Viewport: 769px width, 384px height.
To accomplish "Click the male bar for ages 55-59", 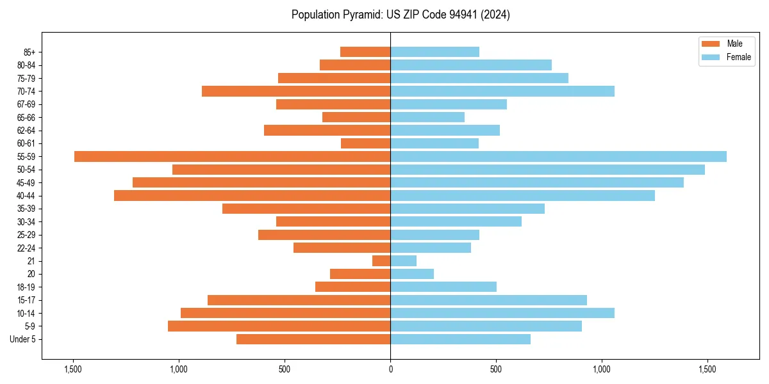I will coord(232,156).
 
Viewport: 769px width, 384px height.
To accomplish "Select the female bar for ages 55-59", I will coord(558,156).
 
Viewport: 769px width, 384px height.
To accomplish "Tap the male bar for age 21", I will coord(381,260).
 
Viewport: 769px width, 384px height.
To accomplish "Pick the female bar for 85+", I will coord(434,52).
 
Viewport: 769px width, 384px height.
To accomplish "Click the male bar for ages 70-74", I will coord(296,91).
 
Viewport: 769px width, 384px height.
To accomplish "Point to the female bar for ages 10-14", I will coord(502,313).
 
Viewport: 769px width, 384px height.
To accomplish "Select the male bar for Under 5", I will coord(313,339).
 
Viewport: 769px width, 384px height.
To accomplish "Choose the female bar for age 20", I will coord(412,274).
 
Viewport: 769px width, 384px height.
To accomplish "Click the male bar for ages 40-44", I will coord(252,195).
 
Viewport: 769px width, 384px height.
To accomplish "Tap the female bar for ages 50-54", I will coord(547,170).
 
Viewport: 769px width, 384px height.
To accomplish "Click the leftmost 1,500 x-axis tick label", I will coord(73,370).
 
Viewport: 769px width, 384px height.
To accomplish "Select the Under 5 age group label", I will coord(24,339).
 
